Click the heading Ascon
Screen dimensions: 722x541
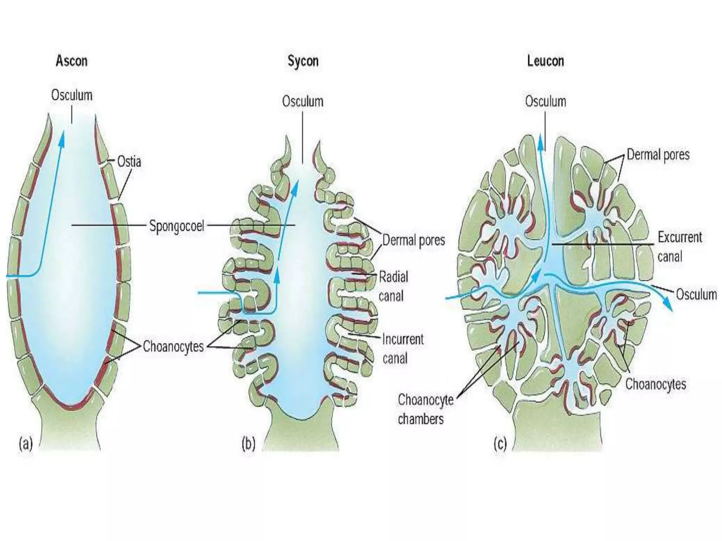[x=72, y=61]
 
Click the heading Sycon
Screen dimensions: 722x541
[x=303, y=61]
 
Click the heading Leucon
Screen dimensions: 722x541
[x=545, y=61]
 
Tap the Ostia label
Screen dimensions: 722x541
[x=129, y=162]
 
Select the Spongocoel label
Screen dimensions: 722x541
[x=177, y=226]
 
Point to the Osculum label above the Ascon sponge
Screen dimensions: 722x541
[x=72, y=95]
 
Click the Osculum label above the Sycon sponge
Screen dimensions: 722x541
[x=302, y=101]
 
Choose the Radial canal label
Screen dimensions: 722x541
[x=393, y=286]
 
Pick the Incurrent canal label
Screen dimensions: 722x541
[x=403, y=349]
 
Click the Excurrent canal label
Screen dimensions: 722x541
[x=680, y=247]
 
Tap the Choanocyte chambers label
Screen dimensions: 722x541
[x=425, y=409]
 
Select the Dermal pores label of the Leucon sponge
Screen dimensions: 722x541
[x=658, y=155]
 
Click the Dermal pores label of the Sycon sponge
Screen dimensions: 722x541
[x=414, y=240]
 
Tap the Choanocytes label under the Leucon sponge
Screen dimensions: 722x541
[x=655, y=384]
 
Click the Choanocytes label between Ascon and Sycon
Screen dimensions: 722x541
[x=173, y=347]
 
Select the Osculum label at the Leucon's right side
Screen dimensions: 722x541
[x=696, y=294]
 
